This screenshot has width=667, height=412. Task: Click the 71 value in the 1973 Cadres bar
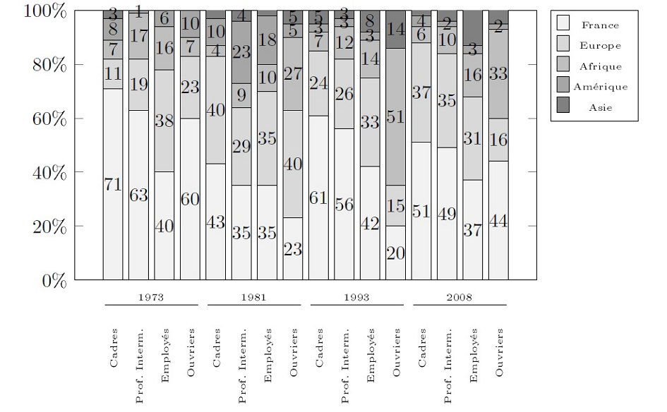[113, 185]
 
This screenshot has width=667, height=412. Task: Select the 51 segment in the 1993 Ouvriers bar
[395, 117]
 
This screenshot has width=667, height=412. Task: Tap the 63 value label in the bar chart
[138, 195]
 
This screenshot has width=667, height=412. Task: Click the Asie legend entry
[601, 107]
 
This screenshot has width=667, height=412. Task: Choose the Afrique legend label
[601, 66]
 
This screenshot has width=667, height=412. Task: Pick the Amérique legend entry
[601, 87]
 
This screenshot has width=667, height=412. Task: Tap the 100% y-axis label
[44, 11]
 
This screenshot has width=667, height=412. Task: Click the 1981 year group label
[253, 297]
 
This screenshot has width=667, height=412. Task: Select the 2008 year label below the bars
[459, 297]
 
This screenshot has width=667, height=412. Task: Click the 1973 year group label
[151, 297]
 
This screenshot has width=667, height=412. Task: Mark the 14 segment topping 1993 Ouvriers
[395, 30]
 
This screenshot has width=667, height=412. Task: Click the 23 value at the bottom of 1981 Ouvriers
[292, 249]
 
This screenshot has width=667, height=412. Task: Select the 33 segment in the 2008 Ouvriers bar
[498, 73]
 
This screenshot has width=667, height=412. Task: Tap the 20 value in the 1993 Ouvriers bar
[395, 253]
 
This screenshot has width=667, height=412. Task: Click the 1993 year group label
[356, 297]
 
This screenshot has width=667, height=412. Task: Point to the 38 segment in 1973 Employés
[164, 121]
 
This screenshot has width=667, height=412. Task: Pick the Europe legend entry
[601, 46]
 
